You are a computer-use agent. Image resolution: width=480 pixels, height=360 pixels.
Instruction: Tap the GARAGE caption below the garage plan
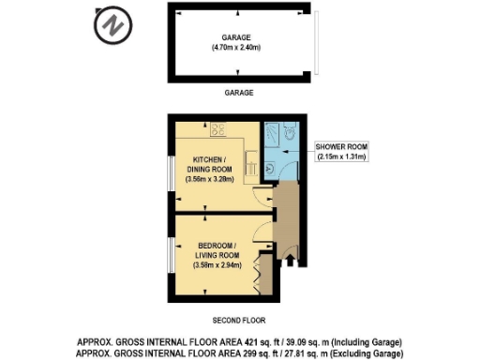(x=239, y=94)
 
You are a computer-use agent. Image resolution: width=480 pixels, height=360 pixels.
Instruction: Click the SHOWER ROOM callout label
(x=340, y=147)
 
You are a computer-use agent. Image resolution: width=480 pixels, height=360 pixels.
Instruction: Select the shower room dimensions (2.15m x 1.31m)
(x=340, y=157)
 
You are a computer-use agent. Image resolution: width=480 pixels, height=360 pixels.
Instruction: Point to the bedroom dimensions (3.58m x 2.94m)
(x=217, y=265)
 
